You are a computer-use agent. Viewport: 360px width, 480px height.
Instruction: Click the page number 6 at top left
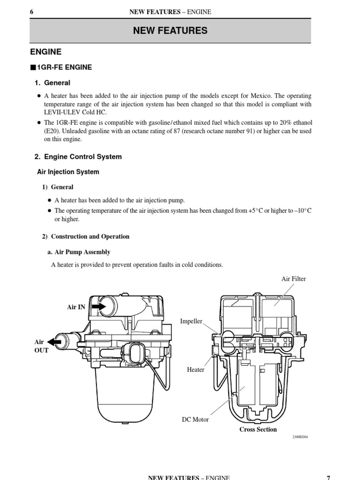[31, 12]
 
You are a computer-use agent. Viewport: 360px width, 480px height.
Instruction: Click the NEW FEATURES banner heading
[170, 31]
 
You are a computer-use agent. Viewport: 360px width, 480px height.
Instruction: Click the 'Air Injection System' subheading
[68, 172]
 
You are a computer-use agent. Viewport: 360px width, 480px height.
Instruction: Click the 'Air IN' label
[76, 307]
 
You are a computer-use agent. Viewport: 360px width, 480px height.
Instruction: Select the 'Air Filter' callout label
[293, 279]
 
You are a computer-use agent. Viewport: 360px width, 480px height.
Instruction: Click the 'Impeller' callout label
[191, 321]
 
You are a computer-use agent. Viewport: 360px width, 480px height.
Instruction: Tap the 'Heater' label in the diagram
[195, 370]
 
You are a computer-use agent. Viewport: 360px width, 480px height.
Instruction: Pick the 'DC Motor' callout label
[195, 420]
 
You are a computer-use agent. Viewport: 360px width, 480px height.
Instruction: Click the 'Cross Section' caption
[258, 429]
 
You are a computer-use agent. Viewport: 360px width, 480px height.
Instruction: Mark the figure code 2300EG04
[300, 437]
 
